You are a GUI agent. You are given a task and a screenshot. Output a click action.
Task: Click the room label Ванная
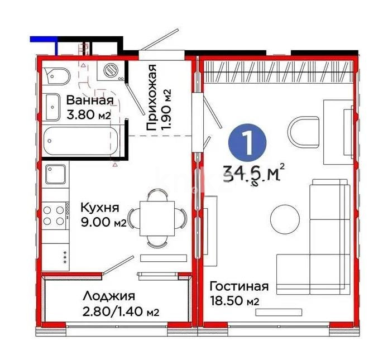point(90,100)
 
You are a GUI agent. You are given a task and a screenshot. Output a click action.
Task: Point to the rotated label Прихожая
point(151,98)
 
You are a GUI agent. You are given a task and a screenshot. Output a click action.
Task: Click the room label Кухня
point(100,208)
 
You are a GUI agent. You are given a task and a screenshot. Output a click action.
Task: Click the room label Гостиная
point(239,286)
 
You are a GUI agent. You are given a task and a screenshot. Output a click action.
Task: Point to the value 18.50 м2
point(233,301)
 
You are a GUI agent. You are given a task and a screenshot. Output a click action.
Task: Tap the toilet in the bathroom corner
point(56,74)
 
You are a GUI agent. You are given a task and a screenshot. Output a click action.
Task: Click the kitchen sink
point(56,175)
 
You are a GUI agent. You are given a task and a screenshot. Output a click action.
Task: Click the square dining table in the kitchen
point(157,218)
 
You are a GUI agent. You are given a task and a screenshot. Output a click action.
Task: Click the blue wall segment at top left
point(44,39)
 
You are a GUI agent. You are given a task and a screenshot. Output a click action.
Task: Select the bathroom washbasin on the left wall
point(51,105)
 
